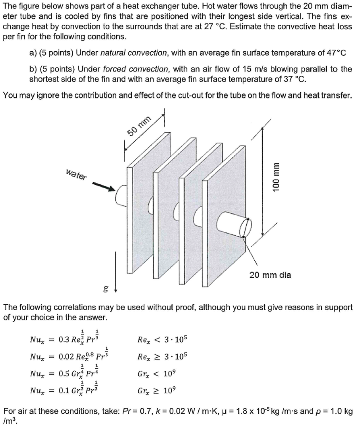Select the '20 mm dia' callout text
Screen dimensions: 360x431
click(x=269, y=275)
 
